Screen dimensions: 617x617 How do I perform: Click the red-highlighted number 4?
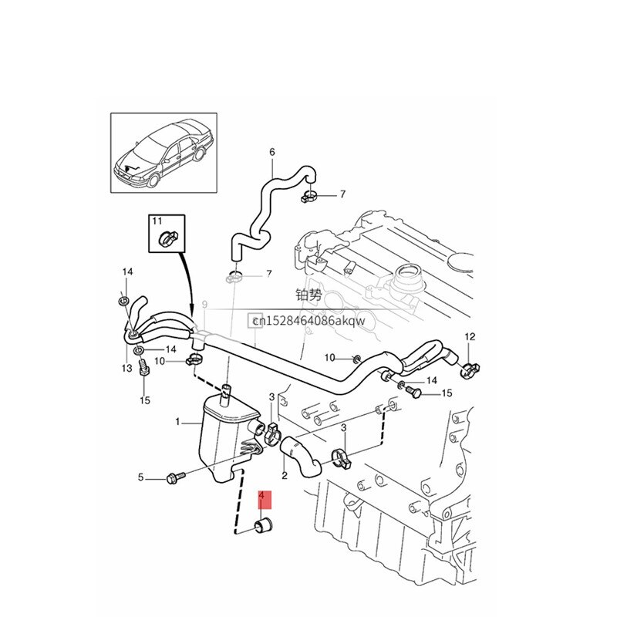(262, 497)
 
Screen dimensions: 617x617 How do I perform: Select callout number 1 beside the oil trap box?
(178, 423)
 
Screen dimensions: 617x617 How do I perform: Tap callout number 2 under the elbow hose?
(285, 476)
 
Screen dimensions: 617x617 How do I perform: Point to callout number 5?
(141, 477)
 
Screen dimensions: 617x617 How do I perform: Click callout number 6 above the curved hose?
(271, 152)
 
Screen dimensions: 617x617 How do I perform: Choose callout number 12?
(470, 336)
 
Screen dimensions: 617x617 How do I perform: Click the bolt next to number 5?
(171, 478)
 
